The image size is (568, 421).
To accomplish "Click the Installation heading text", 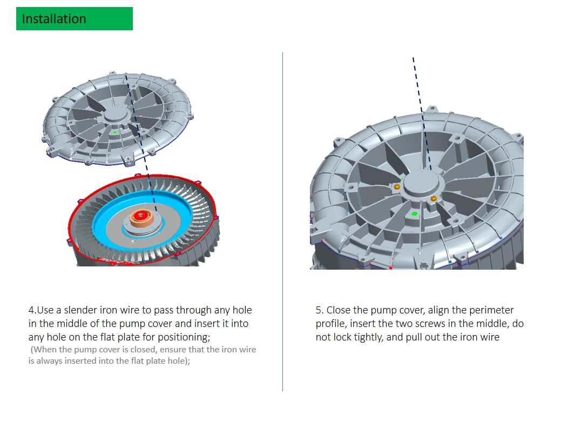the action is point(54,19).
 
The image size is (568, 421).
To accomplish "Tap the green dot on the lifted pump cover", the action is point(114,132).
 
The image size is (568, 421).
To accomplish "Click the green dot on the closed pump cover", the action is point(415,214).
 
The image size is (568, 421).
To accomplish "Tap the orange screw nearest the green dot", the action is point(433,198).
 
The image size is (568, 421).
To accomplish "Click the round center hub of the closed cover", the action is point(423,183).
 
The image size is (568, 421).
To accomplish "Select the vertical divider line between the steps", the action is point(282,221).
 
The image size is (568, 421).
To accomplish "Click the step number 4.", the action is point(31,310).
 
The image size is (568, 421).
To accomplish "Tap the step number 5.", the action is point(319,310).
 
